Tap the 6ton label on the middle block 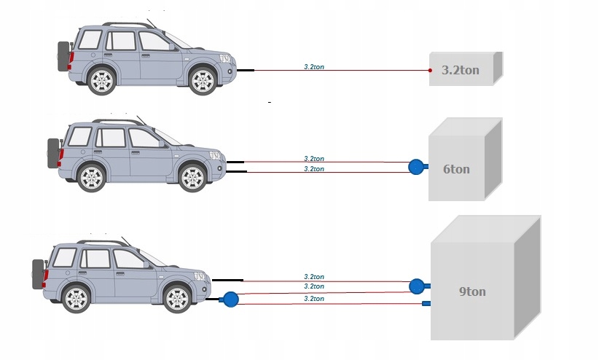click(x=456, y=169)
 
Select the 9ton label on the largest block click(x=472, y=292)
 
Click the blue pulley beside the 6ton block click(x=418, y=167)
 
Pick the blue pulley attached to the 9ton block click(x=418, y=285)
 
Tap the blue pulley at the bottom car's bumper click(x=230, y=299)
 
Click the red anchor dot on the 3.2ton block click(x=430, y=71)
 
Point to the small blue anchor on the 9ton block click(x=426, y=303)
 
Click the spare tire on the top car click(x=63, y=56)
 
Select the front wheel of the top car click(x=203, y=79)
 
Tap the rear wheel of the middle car click(x=92, y=178)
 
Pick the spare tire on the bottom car click(x=38, y=274)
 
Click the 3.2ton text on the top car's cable click(x=314, y=66)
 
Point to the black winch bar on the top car click(x=246, y=70)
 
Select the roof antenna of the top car click(x=151, y=23)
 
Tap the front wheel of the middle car click(x=192, y=178)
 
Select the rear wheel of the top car click(x=102, y=79)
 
